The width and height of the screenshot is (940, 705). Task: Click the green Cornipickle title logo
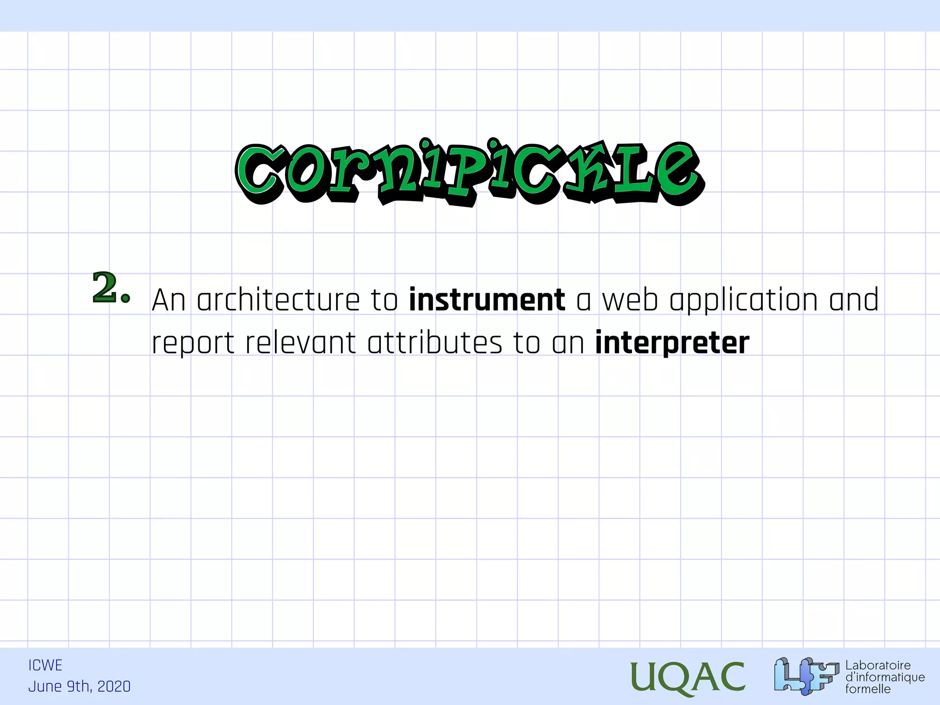pyautogui.click(x=470, y=173)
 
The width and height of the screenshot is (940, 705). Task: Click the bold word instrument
pyautogui.click(x=487, y=300)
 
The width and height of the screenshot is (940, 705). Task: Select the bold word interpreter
pyautogui.click(x=672, y=343)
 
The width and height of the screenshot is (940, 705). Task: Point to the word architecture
pyautogui.click(x=278, y=300)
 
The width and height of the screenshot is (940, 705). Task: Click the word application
pyautogui.click(x=744, y=301)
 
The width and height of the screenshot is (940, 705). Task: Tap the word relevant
pyautogui.click(x=301, y=343)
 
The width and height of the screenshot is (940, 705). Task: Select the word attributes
pyautogui.click(x=435, y=343)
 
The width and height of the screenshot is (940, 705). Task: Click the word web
pyautogui.click(x=630, y=300)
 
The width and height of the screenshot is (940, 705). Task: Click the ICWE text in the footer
pyautogui.click(x=45, y=666)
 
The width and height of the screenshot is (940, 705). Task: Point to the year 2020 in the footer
pyautogui.click(x=114, y=687)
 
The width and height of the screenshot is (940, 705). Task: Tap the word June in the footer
pyautogui.click(x=45, y=687)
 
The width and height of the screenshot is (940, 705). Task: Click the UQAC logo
pyautogui.click(x=687, y=677)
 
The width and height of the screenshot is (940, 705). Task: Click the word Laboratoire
pyautogui.click(x=878, y=665)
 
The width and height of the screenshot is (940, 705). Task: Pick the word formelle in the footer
pyautogui.click(x=867, y=689)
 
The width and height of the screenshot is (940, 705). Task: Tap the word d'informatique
pyautogui.click(x=885, y=677)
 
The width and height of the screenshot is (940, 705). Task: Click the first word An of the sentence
pyautogui.click(x=168, y=300)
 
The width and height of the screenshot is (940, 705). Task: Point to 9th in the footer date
pyautogui.click(x=79, y=687)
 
